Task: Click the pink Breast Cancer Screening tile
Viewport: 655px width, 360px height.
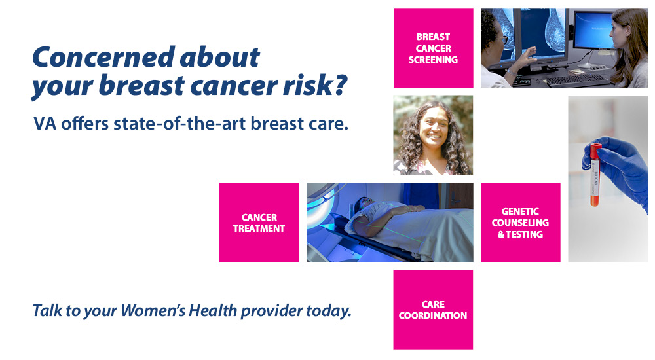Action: [x=433, y=48]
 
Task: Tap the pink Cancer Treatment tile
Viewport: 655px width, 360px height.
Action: [x=259, y=222]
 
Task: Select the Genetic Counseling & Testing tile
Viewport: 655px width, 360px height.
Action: [x=521, y=222]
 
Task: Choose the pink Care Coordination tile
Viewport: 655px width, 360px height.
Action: [x=433, y=310]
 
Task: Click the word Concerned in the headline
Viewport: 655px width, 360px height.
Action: [x=103, y=57]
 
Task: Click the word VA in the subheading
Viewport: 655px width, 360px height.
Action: [x=45, y=124]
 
